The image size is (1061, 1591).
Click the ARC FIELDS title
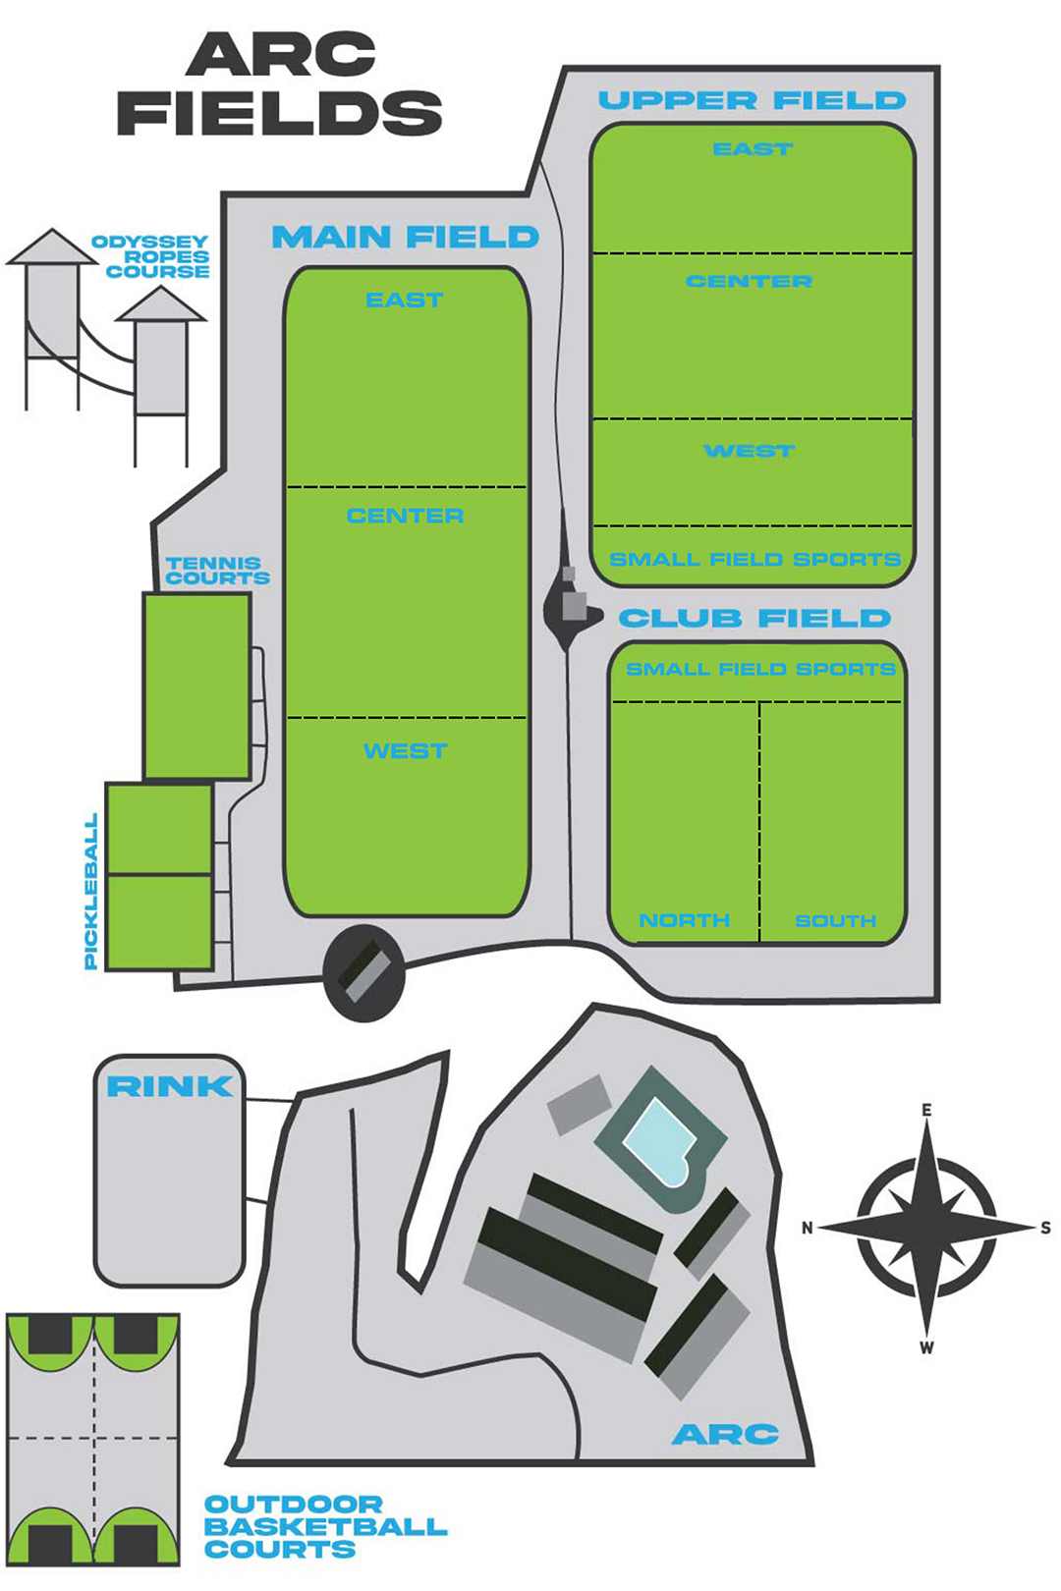click(x=280, y=84)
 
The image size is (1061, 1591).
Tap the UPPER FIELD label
click(x=752, y=100)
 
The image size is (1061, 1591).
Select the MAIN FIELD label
click(x=405, y=237)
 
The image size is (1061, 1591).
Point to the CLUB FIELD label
click(x=754, y=618)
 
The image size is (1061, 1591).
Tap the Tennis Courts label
click(x=216, y=571)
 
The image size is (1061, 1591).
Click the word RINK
click(x=170, y=1086)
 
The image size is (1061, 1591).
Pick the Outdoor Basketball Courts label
click(x=324, y=1527)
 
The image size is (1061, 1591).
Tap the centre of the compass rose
click(x=926, y=1228)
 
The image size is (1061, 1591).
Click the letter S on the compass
click(x=1045, y=1228)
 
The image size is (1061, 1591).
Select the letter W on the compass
click(x=926, y=1347)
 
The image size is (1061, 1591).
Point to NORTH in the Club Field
click(x=684, y=920)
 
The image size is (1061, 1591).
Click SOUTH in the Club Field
click(x=835, y=920)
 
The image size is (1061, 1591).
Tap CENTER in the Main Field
click(x=405, y=516)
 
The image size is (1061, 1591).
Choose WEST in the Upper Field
click(x=750, y=451)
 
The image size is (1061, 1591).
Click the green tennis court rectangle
click(x=196, y=686)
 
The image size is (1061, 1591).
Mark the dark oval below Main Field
click(x=363, y=972)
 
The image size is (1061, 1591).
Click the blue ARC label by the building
click(x=725, y=1435)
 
